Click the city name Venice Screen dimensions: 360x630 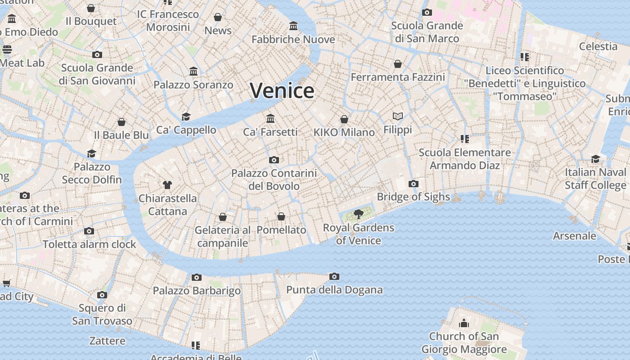click(x=282, y=90)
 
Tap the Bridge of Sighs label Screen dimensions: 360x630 click(x=413, y=197)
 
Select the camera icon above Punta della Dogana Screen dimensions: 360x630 click(x=334, y=276)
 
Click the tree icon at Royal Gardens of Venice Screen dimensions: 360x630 click(x=358, y=214)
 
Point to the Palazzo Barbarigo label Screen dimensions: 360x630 click(x=197, y=291)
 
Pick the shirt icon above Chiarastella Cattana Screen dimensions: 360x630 click(x=167, y=184)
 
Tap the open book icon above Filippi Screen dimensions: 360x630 click(x=397, y=117)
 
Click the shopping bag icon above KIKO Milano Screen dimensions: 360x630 click(x=344, y=119)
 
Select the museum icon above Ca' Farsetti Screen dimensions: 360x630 click(x=270, y=118)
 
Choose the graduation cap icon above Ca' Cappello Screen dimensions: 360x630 click(x=186, y=117)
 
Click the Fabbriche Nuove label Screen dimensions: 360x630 click(x=293, y=40)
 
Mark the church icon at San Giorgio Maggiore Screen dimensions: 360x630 click(x=464, y=323)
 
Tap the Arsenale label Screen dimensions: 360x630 click(x=575, y=236)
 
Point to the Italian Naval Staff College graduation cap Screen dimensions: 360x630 click(x=595, y=159)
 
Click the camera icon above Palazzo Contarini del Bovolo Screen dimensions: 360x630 click(x=274, y=160)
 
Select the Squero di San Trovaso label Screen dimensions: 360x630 click(x=102, y=315)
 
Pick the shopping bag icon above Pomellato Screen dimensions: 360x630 click(x=281, y=216)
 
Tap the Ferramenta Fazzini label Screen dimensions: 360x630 click(x=398, y=77)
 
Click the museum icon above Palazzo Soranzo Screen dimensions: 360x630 click(x=193, y=72)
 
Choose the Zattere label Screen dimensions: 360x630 click(x=107, y=341)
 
